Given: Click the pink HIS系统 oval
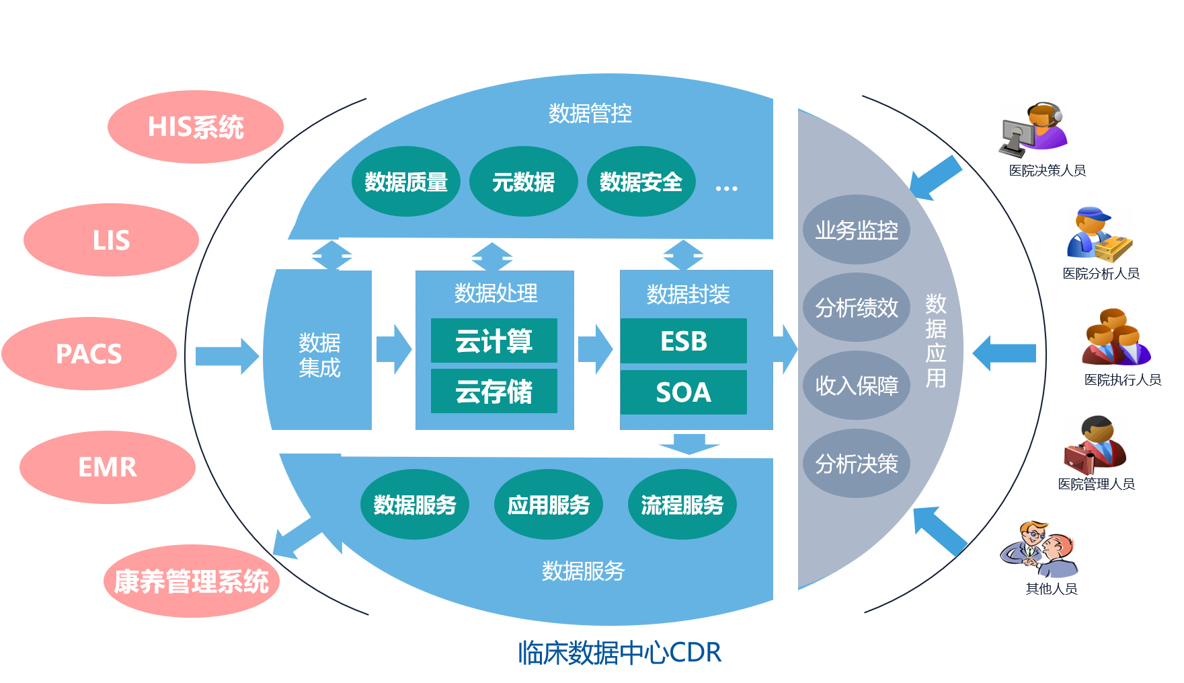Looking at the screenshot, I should [x=196, y=127].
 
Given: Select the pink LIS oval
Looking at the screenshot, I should [x=111, y=240].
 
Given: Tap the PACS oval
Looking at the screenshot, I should [x=89, y=354].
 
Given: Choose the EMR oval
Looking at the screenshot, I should [x=108, y=467].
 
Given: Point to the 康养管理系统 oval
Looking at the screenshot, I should [x=192, y=581].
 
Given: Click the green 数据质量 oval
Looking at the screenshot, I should [x=405, y=182].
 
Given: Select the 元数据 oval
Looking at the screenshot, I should [x=523, y=182].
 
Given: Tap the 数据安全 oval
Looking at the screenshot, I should [x=641, y=182].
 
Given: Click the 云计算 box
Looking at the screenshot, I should [x=494, y=341].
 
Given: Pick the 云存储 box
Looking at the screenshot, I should [x=494, y=392].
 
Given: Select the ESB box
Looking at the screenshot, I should [x=683, y=341].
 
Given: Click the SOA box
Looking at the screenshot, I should [x=683, y=392].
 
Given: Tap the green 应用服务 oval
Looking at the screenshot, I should [x=549, y=505].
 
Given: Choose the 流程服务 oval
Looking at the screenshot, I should [x=682, y=505].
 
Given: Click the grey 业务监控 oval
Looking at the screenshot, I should [x=857, y=230].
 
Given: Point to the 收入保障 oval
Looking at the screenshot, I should [x=857, y=386].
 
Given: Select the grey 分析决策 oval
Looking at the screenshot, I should [x=857, y=464].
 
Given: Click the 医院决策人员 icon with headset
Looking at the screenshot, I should [x=1033, y=130].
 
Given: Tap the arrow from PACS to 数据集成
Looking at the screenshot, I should [x=227, y=356].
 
